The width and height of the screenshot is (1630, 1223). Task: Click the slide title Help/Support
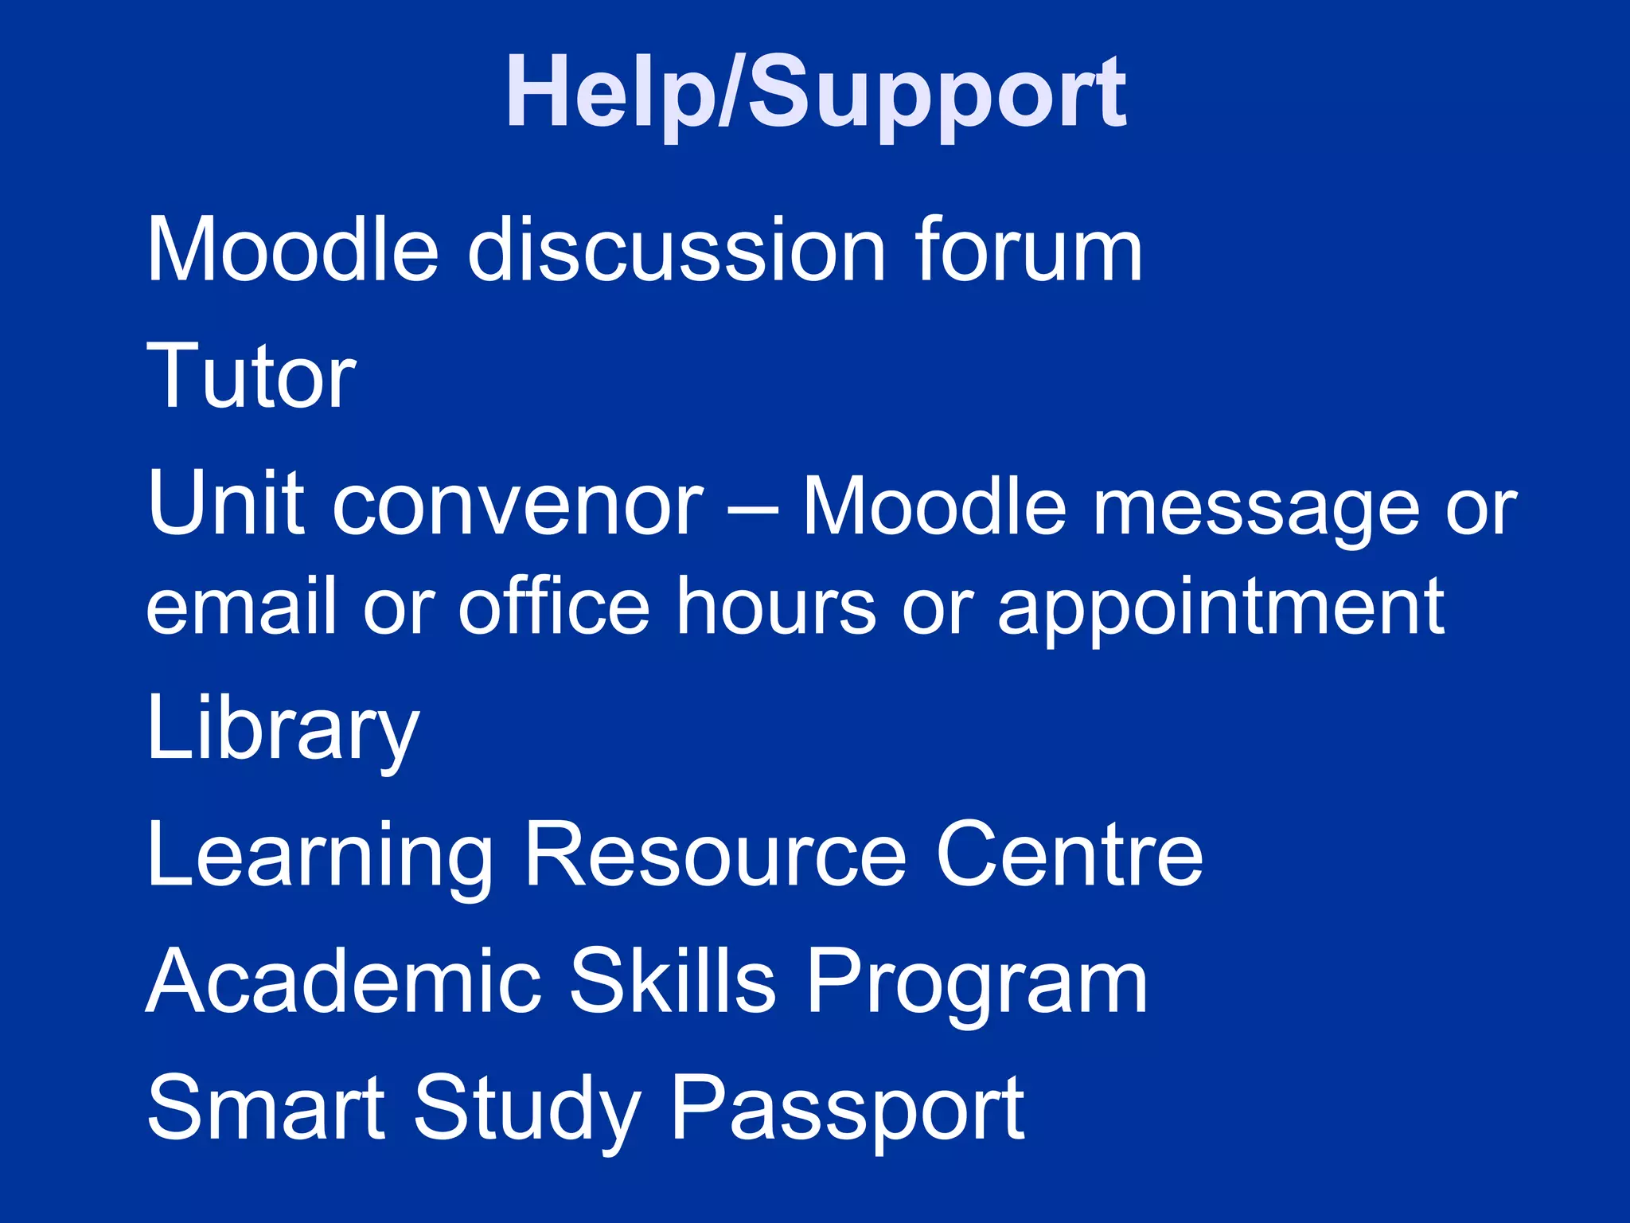click(815, 94)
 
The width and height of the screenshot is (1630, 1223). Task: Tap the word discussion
click(676, 250)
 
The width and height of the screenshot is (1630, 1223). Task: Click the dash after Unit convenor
click(752, 510)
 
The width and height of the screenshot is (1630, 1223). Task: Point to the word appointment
click(1221, 609)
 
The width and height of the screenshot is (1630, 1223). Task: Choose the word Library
click(283, 729)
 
